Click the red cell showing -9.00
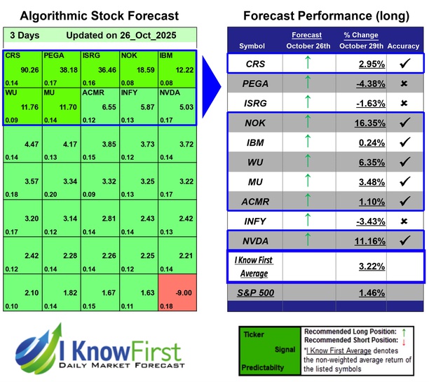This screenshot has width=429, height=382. click(177, 293)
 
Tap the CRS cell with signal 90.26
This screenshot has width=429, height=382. click(22, 69)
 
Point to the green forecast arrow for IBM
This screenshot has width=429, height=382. click(306, 142)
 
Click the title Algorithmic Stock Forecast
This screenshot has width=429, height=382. click(98, 15)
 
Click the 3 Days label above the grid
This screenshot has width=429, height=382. click(25, 36)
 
